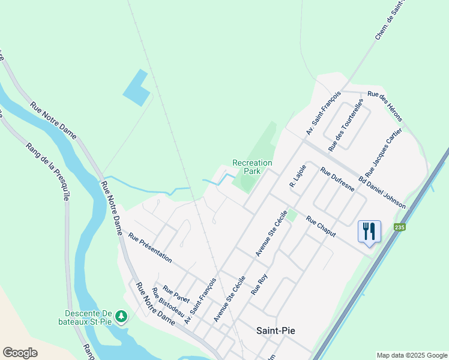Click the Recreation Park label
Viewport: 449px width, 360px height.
(x=252, y=167)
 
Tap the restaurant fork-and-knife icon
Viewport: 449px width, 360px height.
(x=369, y=230)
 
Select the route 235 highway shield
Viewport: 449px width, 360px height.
(x=400, y=227)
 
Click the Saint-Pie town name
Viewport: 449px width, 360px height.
(x=276, y=330)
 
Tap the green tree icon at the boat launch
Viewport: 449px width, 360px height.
(x=121, y=315)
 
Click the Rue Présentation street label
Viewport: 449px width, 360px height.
(x=150, y=248)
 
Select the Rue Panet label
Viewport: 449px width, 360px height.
(x=176, y=294)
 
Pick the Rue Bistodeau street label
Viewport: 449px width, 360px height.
(x=167, y=304)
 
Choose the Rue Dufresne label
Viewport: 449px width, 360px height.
(x=337, y=179)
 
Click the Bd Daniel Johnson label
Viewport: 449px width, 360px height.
(x=382, y=192)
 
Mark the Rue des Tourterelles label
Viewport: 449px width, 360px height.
(x=346, y=125)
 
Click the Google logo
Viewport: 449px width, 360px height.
(x=20, y=353)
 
